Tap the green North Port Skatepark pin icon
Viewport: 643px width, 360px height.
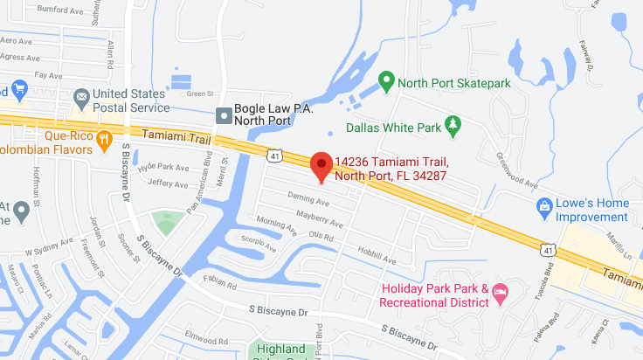(x=385, y=83)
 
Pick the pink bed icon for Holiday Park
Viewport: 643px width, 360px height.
(x=501, y=295)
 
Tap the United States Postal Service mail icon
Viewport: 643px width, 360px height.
(x=80, y=95)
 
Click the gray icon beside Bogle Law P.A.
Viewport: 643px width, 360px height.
(x=225, y=115)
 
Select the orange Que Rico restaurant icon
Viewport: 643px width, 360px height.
(x=105, y=138)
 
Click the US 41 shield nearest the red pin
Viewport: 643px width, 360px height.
(x=274, y=154)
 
